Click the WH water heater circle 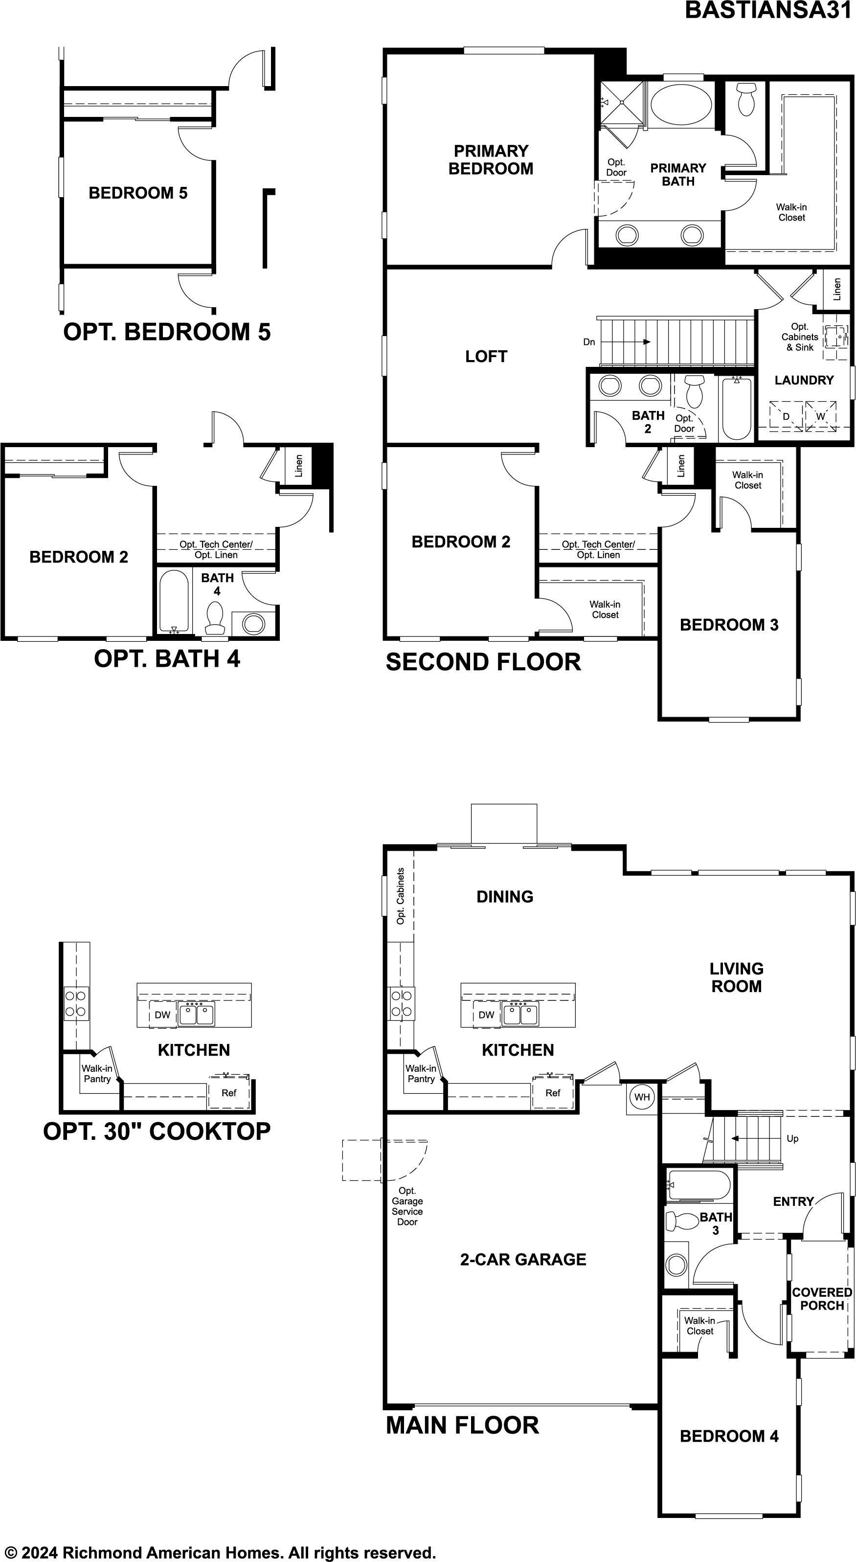[642, 1096]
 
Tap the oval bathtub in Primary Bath [681, 104]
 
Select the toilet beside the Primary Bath [746, 99]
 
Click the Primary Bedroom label [491, 159]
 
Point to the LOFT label [486, 357]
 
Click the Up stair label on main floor [792, 1138]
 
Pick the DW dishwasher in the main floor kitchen [487, 1015]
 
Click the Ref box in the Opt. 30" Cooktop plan [229, 1093]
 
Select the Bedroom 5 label [138, 193]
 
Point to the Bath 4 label [217, 585]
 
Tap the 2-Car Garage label [523, 1259]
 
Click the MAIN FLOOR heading [463, 1425]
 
